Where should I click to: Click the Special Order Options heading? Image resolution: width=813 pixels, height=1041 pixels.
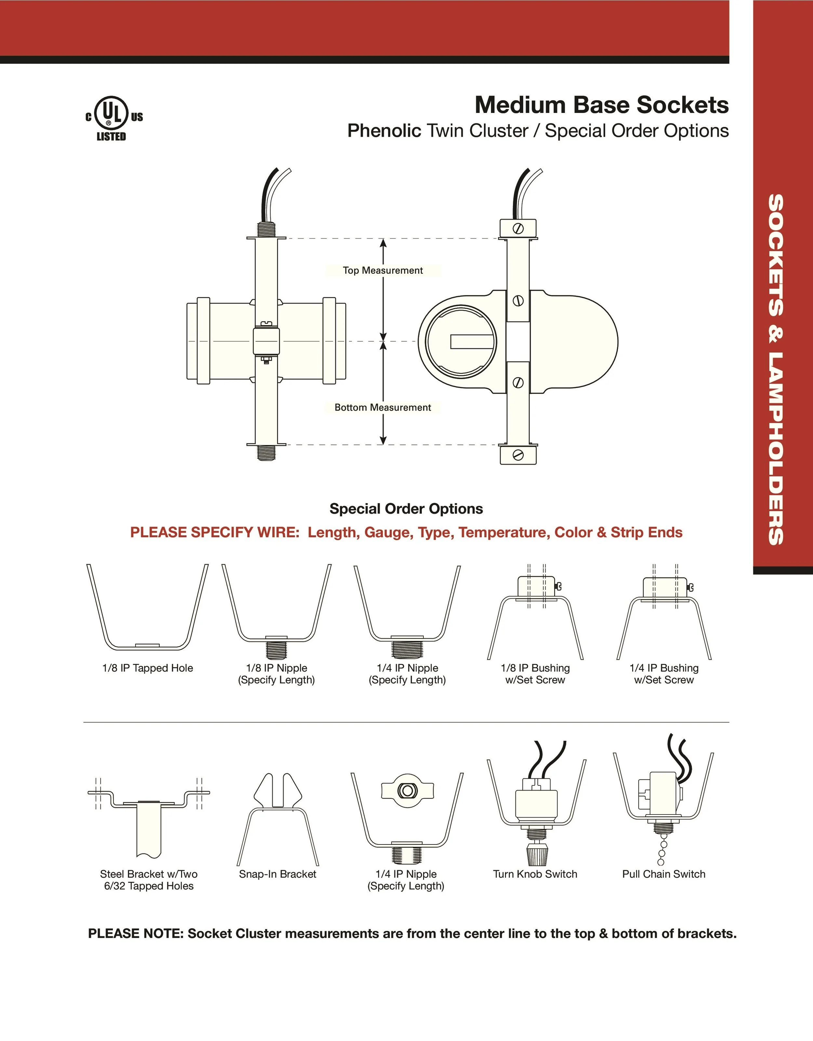406,509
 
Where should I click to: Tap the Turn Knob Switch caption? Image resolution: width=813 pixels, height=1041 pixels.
535,874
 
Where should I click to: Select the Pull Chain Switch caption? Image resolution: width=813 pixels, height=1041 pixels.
663,874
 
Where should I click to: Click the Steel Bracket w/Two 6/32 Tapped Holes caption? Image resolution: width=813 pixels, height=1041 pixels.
149,880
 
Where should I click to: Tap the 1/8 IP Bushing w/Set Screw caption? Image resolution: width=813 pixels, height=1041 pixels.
535,674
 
